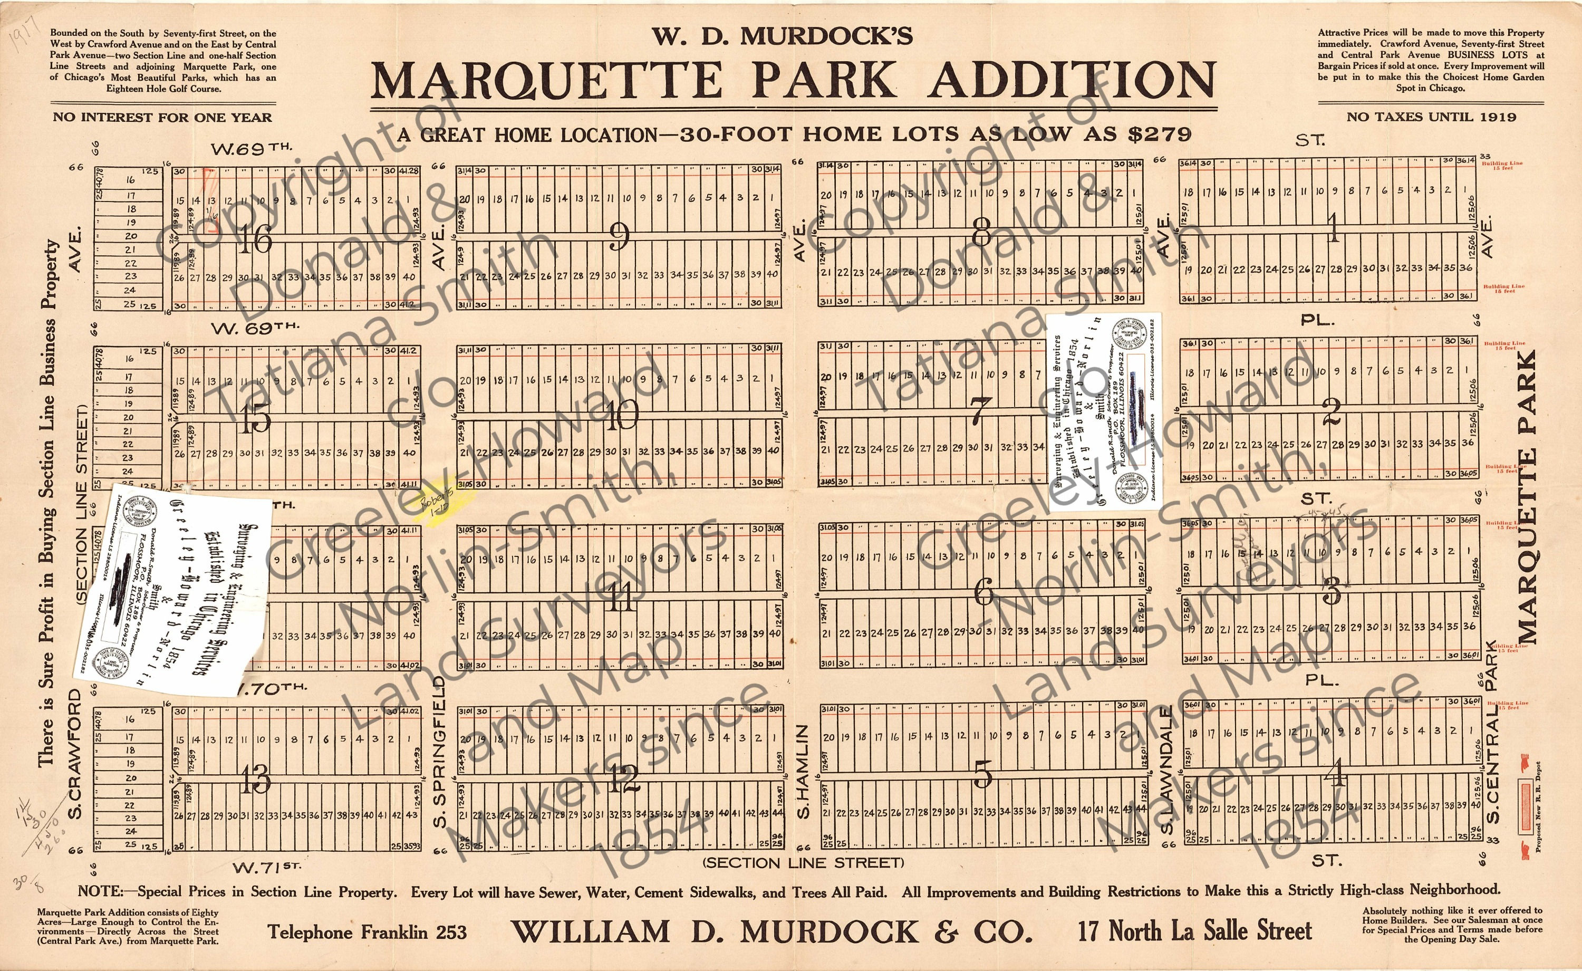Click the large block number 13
(256, 780)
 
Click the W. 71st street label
(266, 868)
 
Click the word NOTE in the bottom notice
(100, 891)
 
